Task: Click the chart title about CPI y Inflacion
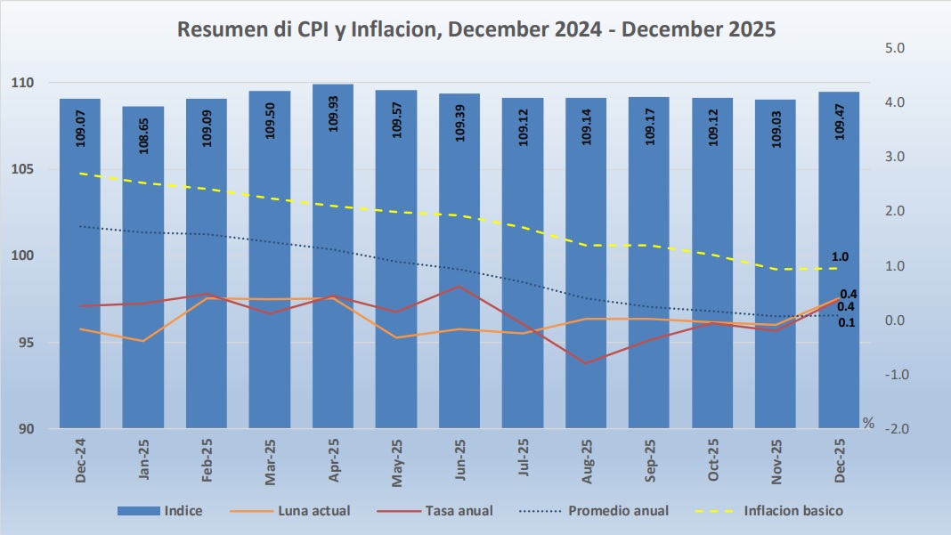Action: [x=476, y=29]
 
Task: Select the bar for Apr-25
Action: [x=333, y=258]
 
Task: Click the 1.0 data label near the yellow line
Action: [x=840, y=257]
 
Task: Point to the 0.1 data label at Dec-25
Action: [x=848, y=322]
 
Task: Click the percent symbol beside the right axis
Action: [x=868, y=423]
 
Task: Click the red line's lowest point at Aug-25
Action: [x=586, y=363]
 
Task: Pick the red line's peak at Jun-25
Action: [x=459, y=286]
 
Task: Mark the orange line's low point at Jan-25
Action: [x=143, y=341]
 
